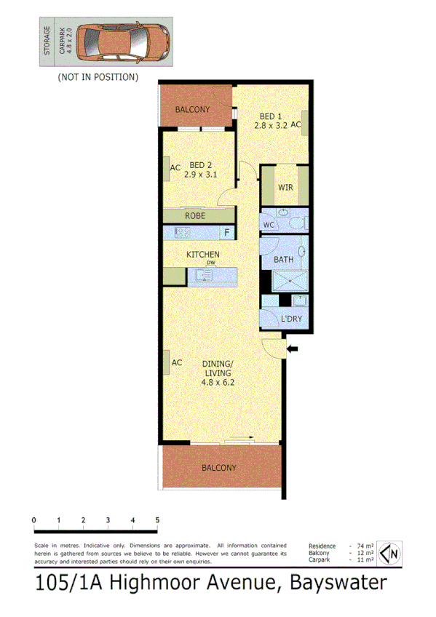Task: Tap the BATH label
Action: (282, 260)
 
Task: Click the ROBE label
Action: (195, 216)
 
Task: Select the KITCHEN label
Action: (203, 254)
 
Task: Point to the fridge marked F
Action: (226, 233)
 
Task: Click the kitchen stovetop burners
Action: (181, 233)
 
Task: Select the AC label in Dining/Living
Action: (176, 362)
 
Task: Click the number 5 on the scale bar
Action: (157, 520)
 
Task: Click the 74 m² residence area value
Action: (365, 546)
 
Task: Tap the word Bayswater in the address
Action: (338, 582)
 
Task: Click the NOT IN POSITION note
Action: (98, 76)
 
